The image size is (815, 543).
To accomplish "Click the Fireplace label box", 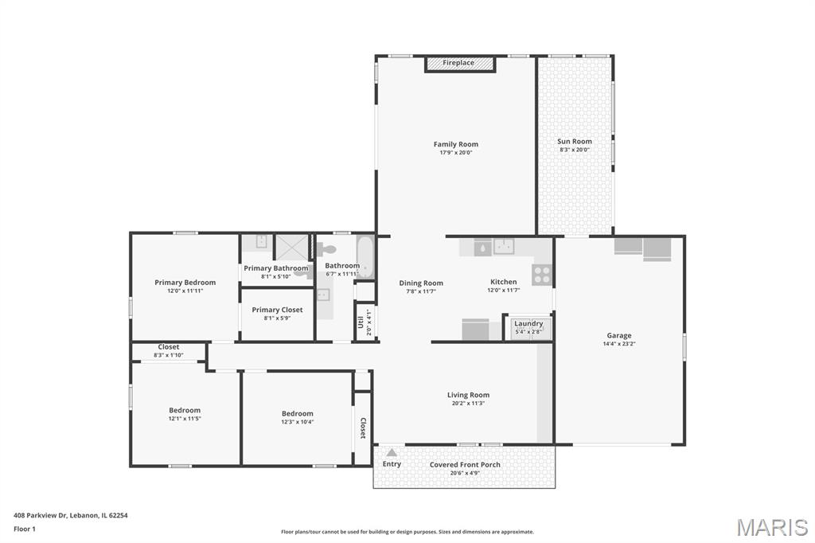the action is (x=459, y=64).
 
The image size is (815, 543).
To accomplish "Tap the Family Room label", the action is (x=456, y=144).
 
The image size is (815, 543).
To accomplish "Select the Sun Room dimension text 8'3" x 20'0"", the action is (x=575, y=150).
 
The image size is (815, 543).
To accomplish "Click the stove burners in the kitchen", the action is (x=541, y=274).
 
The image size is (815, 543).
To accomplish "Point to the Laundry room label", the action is (x=528, y=323).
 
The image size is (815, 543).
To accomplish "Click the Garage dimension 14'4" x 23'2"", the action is (x=619, y=344).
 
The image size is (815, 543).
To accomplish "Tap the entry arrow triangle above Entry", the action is (x=392, y=452).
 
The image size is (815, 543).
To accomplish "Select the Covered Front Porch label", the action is (x=465, y=464).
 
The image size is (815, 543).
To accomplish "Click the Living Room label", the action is (x=468, y=395).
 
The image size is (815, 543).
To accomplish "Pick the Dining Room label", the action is (x=421, y=283).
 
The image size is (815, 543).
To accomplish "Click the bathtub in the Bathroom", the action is (x=365, y=257).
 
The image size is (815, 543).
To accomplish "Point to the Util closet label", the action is (x=361, y=322).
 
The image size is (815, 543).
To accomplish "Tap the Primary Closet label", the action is (x=277, y=310).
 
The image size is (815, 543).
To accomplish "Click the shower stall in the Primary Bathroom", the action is (x=291, y=247).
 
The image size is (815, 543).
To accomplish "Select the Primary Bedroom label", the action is (x=185, y=283).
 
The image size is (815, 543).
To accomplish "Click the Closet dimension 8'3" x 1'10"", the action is (x=169, y=355).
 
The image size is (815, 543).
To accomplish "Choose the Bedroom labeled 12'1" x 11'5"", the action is (x=185, y=410).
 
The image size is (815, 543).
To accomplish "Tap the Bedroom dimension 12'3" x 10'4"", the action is (x=298, y=422).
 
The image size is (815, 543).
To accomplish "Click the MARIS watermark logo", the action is (x=772, y=527).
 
